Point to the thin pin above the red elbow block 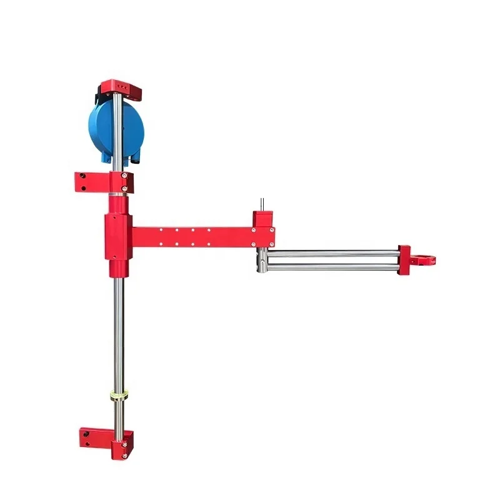[263, 205]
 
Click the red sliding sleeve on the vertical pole [117, 243]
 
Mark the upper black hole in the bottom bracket [87, 433]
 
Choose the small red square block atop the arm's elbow [263, 219]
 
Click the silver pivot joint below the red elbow [264, 259]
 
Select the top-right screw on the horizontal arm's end [254, 230]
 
